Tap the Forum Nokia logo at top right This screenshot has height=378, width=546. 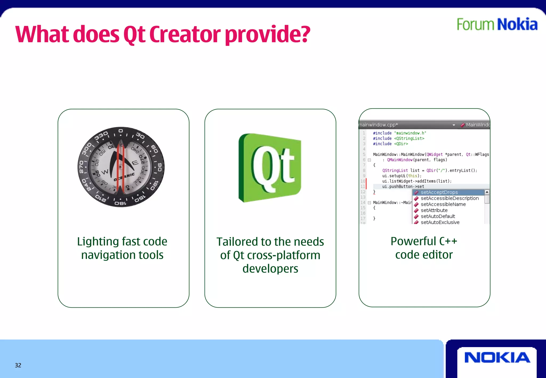(497, 24)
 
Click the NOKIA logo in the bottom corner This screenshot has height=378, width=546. (497, 358)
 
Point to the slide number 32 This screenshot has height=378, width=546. (18, 365)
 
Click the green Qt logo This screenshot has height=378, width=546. (270, 168)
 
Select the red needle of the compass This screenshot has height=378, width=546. (120, 167)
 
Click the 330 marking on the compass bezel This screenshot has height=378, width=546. (101, 136)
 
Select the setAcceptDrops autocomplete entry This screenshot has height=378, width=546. (439, 192)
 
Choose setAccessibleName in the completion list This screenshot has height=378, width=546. (443, 204)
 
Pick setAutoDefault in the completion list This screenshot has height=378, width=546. (438, 216)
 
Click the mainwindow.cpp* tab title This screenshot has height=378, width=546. (378, 125)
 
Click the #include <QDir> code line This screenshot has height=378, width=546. (390, 144)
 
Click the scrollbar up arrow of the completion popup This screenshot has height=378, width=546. (487, 192)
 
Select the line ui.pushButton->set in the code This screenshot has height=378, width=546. (403, 187)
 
